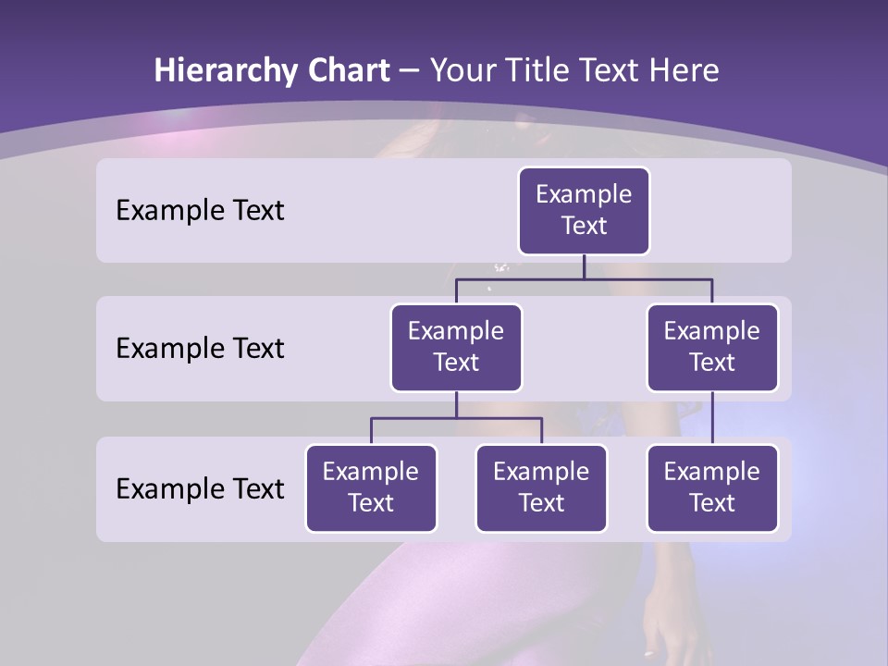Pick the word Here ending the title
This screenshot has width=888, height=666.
(x=683, y=71)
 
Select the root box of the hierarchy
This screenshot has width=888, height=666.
(x=584, y=210)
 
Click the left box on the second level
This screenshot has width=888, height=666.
(x=456, y=347)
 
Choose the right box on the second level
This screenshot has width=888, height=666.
(x=712, y=347)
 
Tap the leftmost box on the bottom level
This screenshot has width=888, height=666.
(x=371, y=487)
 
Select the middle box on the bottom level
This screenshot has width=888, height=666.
(x=541, y=487)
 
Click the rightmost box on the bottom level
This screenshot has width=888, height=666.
(x=712, y=487)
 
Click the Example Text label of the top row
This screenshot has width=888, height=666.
(x=200, y=210)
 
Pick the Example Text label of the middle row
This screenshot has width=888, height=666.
(x=200, y=348)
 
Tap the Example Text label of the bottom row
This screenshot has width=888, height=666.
(x=200, y=488)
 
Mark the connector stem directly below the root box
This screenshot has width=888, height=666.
(x=584, y=266)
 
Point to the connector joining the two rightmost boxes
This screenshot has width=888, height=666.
(x=712, y=418)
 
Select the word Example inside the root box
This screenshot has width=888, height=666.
(x=584, y=194)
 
